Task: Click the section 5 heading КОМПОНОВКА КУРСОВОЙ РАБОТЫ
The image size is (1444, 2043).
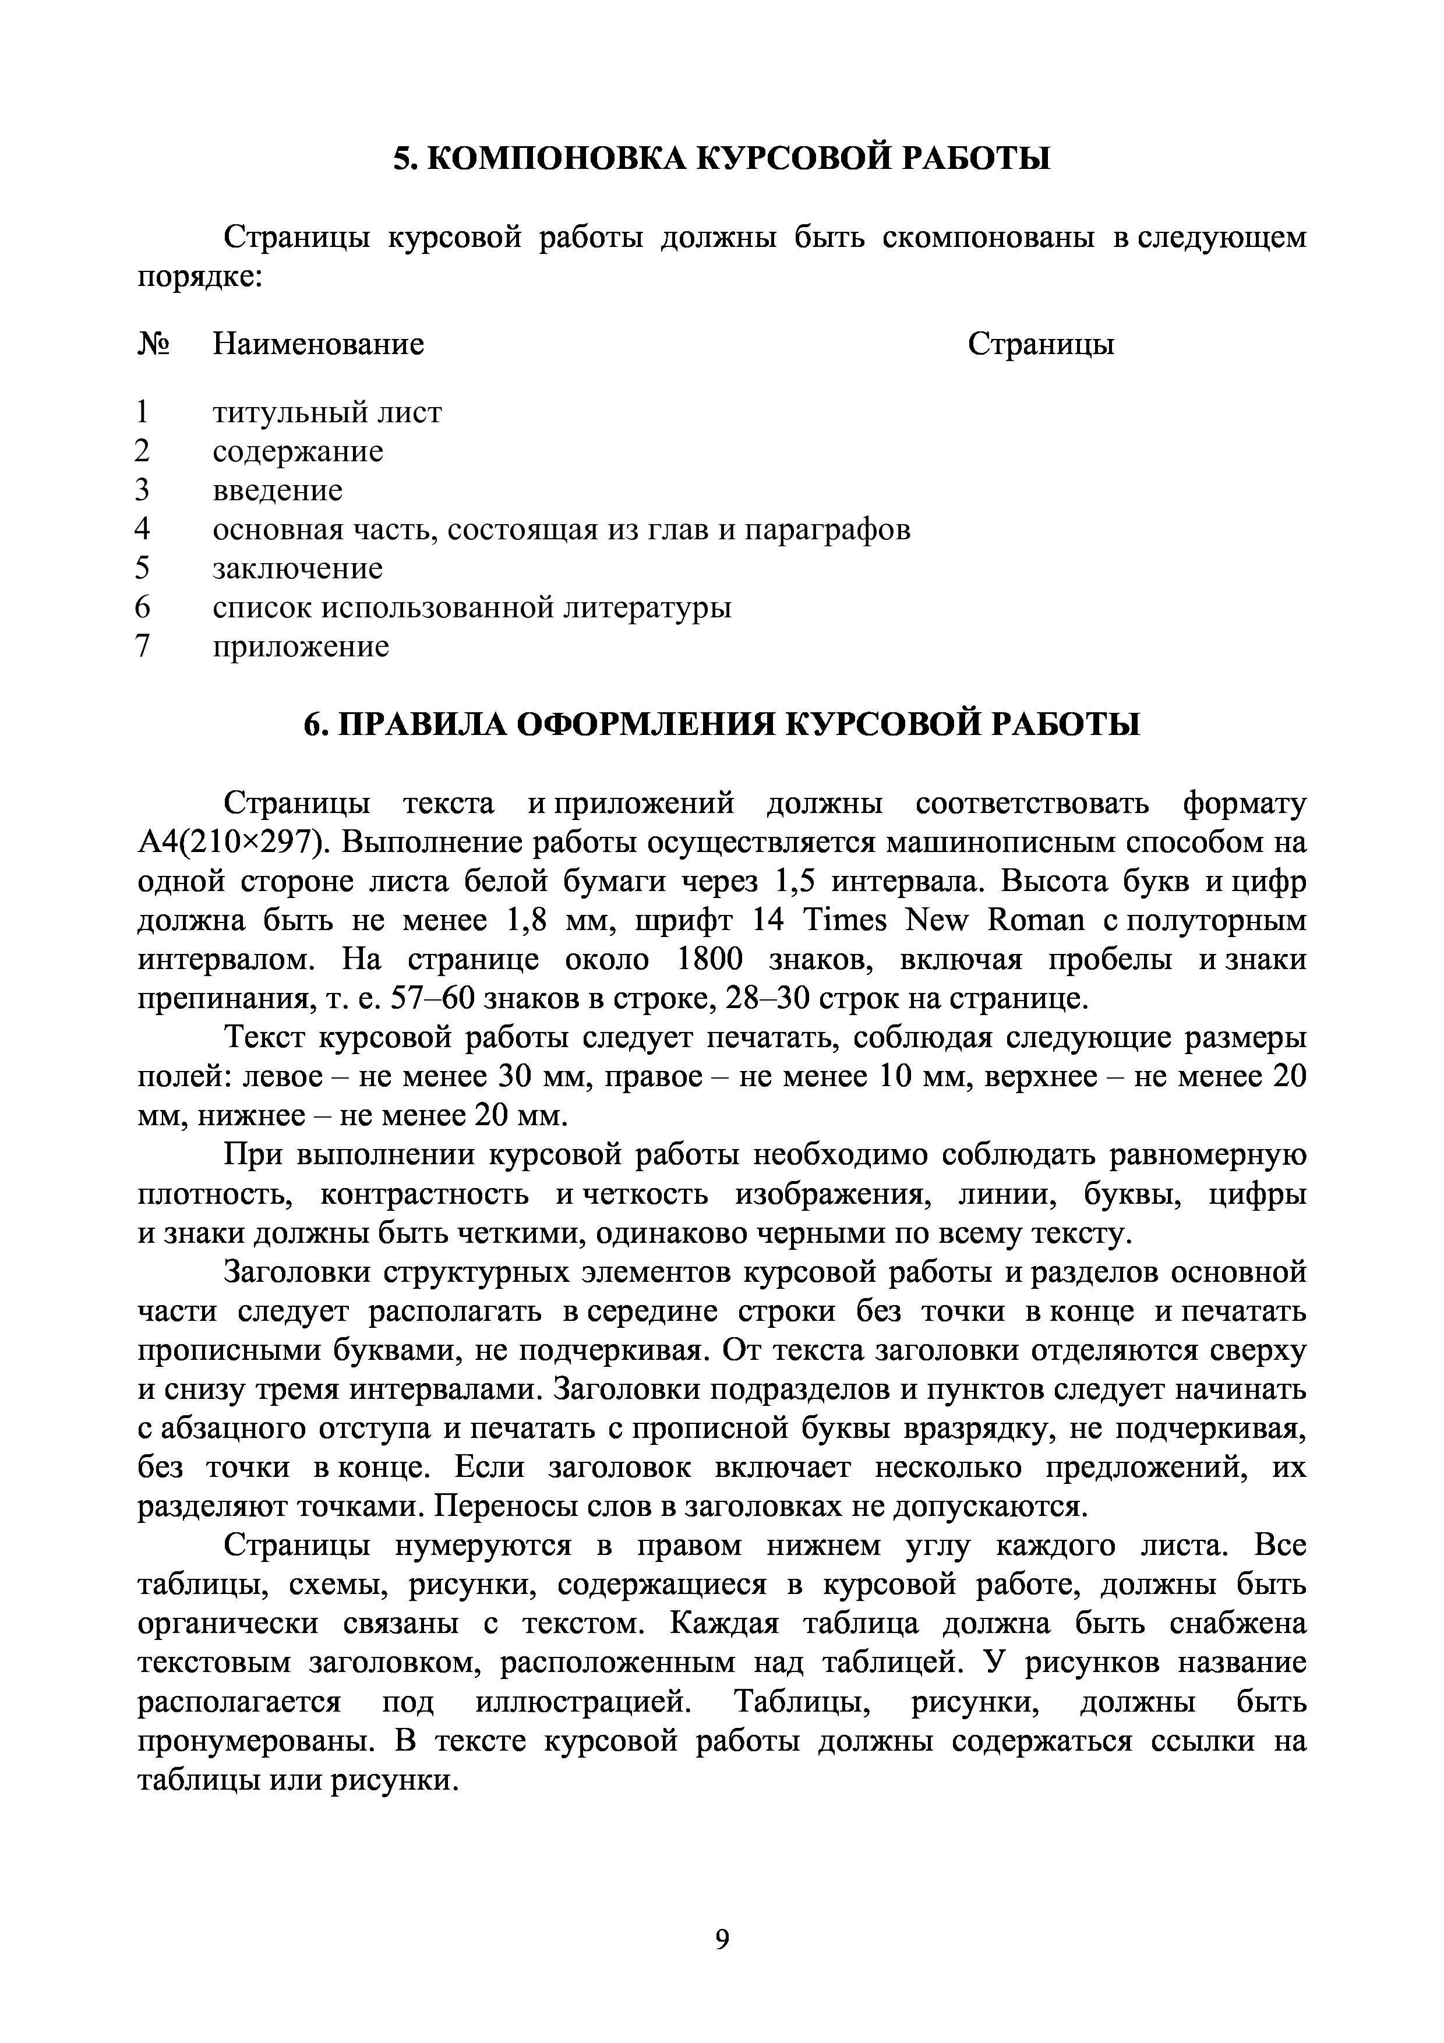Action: pos(722,158)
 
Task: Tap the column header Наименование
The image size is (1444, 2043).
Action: pos(317,344)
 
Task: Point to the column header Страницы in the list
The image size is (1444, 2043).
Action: pos(1040,344)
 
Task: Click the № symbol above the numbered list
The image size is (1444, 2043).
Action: pos(153,344)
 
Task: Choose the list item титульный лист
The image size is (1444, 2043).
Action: pos(327,413)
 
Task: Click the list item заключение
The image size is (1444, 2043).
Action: pos(297,568)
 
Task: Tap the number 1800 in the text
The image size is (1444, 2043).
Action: pos(709,959)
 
